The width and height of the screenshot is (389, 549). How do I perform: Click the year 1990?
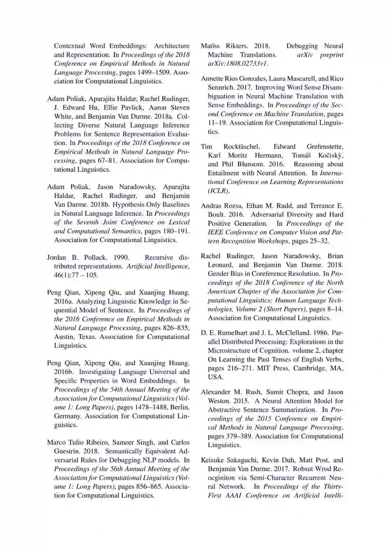click(x=121, y=257)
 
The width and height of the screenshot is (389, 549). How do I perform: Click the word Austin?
click(x=64, y=337)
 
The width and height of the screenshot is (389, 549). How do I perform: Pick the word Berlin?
click(x=179, y=407)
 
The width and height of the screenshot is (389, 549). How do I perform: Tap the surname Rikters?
click(x=237, y=46)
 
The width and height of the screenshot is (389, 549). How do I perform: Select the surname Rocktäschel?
click(x=241, y=147)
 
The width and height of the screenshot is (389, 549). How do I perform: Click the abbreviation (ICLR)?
click(x=218, y=191)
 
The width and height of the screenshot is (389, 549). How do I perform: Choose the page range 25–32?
click(x=317, y=241)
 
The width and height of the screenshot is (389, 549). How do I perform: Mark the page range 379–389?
click(x=240, y=436)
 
